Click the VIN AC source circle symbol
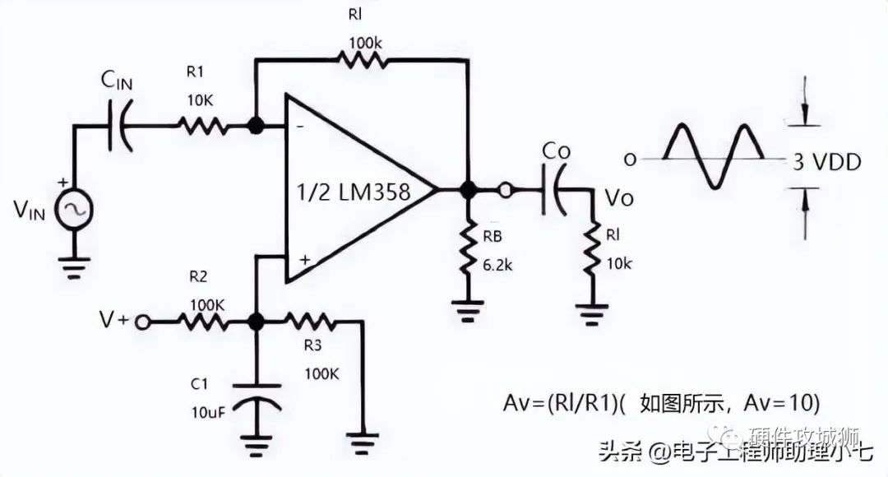pyautogui.click(x=74, y=211)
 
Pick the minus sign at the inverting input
pyautogui.click(x=298, y=127)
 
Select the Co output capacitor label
pyautogui.click(x=555, y=153)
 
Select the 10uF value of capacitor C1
pyautogui.click(x=206, y=411)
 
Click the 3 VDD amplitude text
pyautogui.click(x=826, y=161)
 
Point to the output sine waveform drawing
pyautogui.click(x=712, y=155)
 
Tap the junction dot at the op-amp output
pyautogui.click(x=468, y=190)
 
